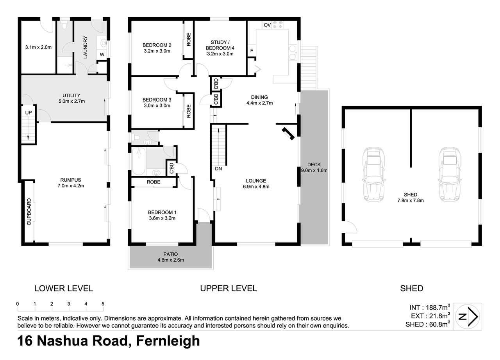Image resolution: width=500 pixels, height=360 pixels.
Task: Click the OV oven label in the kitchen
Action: click(267, 25)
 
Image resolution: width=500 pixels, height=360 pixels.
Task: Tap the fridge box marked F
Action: click(252, 51)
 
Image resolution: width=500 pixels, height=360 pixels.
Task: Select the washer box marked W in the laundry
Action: click(102, 54)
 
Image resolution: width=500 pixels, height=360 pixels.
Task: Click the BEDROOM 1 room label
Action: click(162, 212)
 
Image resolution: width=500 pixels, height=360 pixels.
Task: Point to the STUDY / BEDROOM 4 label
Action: click(220, 45)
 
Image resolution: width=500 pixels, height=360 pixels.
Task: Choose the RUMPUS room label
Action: click(71, 180)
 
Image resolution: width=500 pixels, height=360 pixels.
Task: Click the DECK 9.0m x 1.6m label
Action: click(314, 168)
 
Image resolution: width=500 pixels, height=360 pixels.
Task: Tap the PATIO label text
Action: click(171, 254)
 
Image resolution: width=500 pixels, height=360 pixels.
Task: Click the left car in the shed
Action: click(374, 174)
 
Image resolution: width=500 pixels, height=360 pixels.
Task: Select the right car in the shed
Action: click(450, 174)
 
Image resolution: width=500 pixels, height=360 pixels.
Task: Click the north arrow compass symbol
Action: click(468, 317)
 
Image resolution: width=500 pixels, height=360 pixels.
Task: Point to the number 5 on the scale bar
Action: click(103, 304)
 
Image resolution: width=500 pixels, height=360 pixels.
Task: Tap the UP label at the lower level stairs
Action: click(29, 112)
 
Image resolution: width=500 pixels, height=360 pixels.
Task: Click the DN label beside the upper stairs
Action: click(218, 169)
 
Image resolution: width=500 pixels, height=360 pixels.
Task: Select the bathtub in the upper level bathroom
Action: click(139, 161)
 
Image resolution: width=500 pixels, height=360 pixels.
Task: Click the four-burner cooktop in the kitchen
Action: click(278, 25)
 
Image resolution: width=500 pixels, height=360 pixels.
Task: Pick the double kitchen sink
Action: click(293, 53)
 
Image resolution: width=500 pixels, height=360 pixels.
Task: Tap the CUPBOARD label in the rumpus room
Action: click(29, 212)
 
